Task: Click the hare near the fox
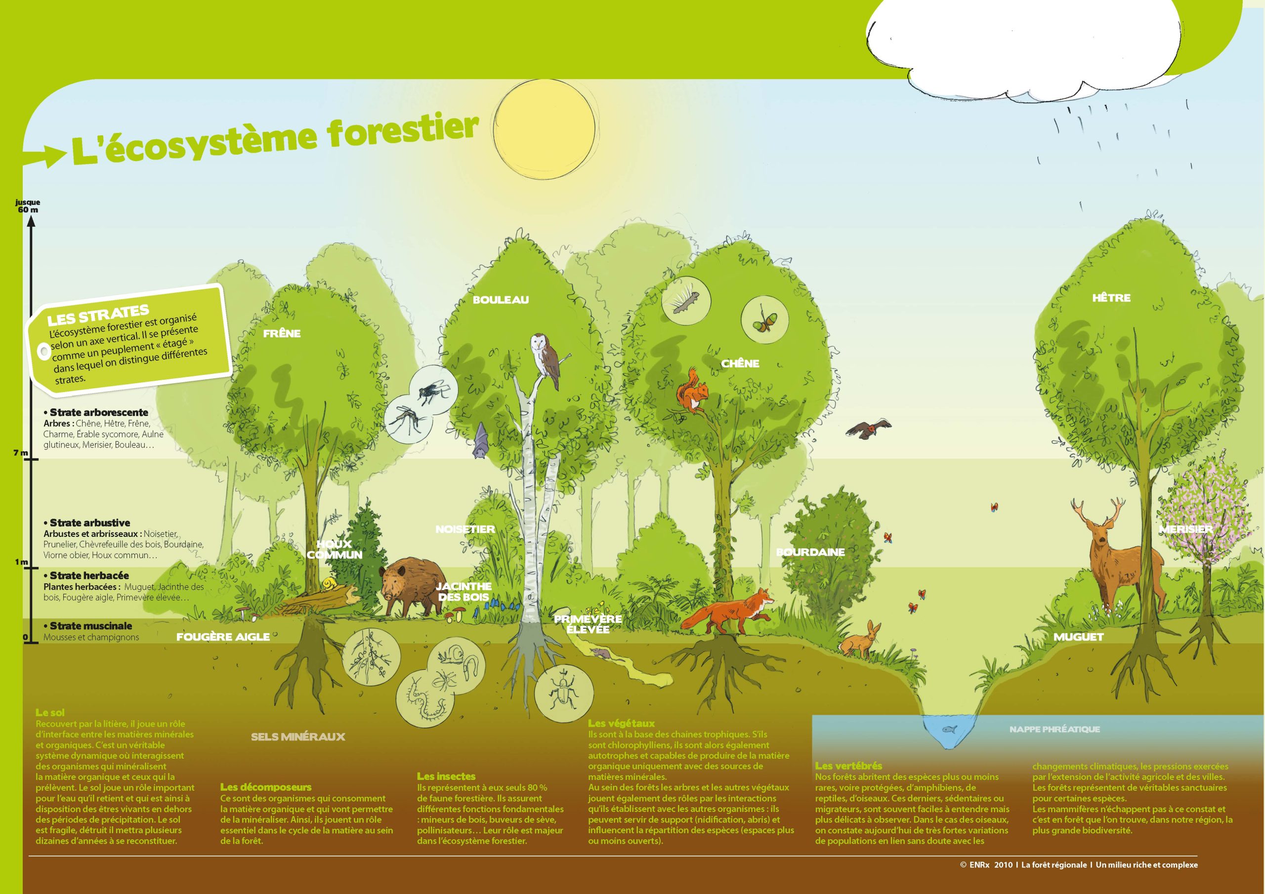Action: click(861, 640)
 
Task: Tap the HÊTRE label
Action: click(1111, 297)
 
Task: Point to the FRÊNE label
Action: click(282, 333)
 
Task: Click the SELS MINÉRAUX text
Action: click(298, 736)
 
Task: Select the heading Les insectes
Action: click(446, 776)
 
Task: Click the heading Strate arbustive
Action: click(90, 523)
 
